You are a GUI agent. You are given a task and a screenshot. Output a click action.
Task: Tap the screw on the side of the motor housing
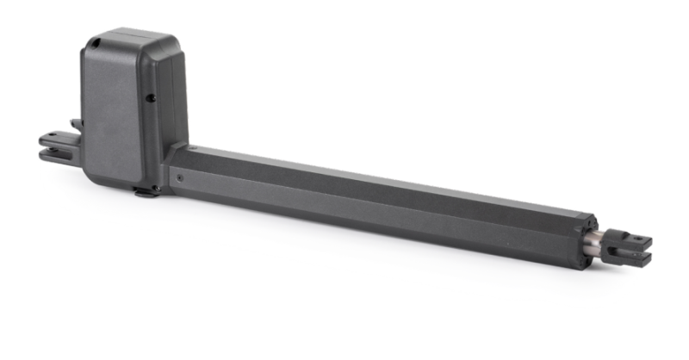pyautogui.click(x=151, y=98)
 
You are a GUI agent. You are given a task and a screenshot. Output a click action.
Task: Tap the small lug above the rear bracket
pyautogui.click(x=76, y=124)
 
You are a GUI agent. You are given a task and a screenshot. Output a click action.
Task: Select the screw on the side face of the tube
pyautogui.click(x=179, y=178)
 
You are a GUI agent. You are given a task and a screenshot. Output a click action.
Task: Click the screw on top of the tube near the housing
pyautogui.click(x=193, y=149)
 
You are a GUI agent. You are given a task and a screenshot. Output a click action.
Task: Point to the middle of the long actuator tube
pyautogui.click(x=379, y=202)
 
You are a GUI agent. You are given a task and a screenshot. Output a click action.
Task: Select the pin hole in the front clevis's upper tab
pyautogui.click(x=635, y=238)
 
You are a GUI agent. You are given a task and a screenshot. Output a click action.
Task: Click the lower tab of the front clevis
pyautogui.click(x=633, y=257)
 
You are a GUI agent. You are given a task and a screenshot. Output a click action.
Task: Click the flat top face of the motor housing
pyautogui.click(x=129, y=40)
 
